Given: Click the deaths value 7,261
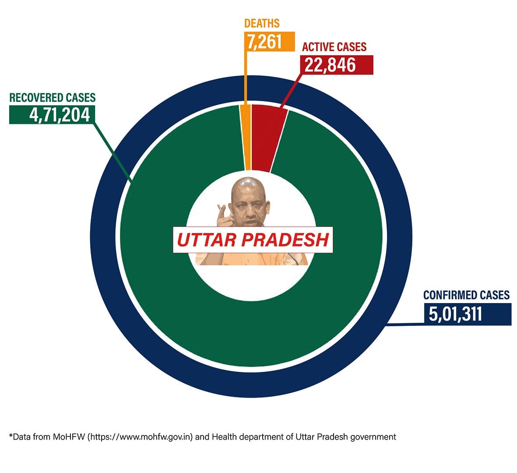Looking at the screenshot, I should click(x=264, y=42).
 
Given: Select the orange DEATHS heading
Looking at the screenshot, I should click(x=262, y=23).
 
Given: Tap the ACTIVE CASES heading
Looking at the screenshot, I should click(x=334, y=47).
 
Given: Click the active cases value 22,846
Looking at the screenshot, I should click(x=336, y=65).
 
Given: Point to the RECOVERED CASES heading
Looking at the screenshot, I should click(x=53, y=97).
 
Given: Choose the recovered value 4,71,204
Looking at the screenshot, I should click(x=60, y=115).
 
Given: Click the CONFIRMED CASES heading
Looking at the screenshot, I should click(x=466, y=295).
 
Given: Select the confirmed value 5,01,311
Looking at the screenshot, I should click(x=455, y=314).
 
